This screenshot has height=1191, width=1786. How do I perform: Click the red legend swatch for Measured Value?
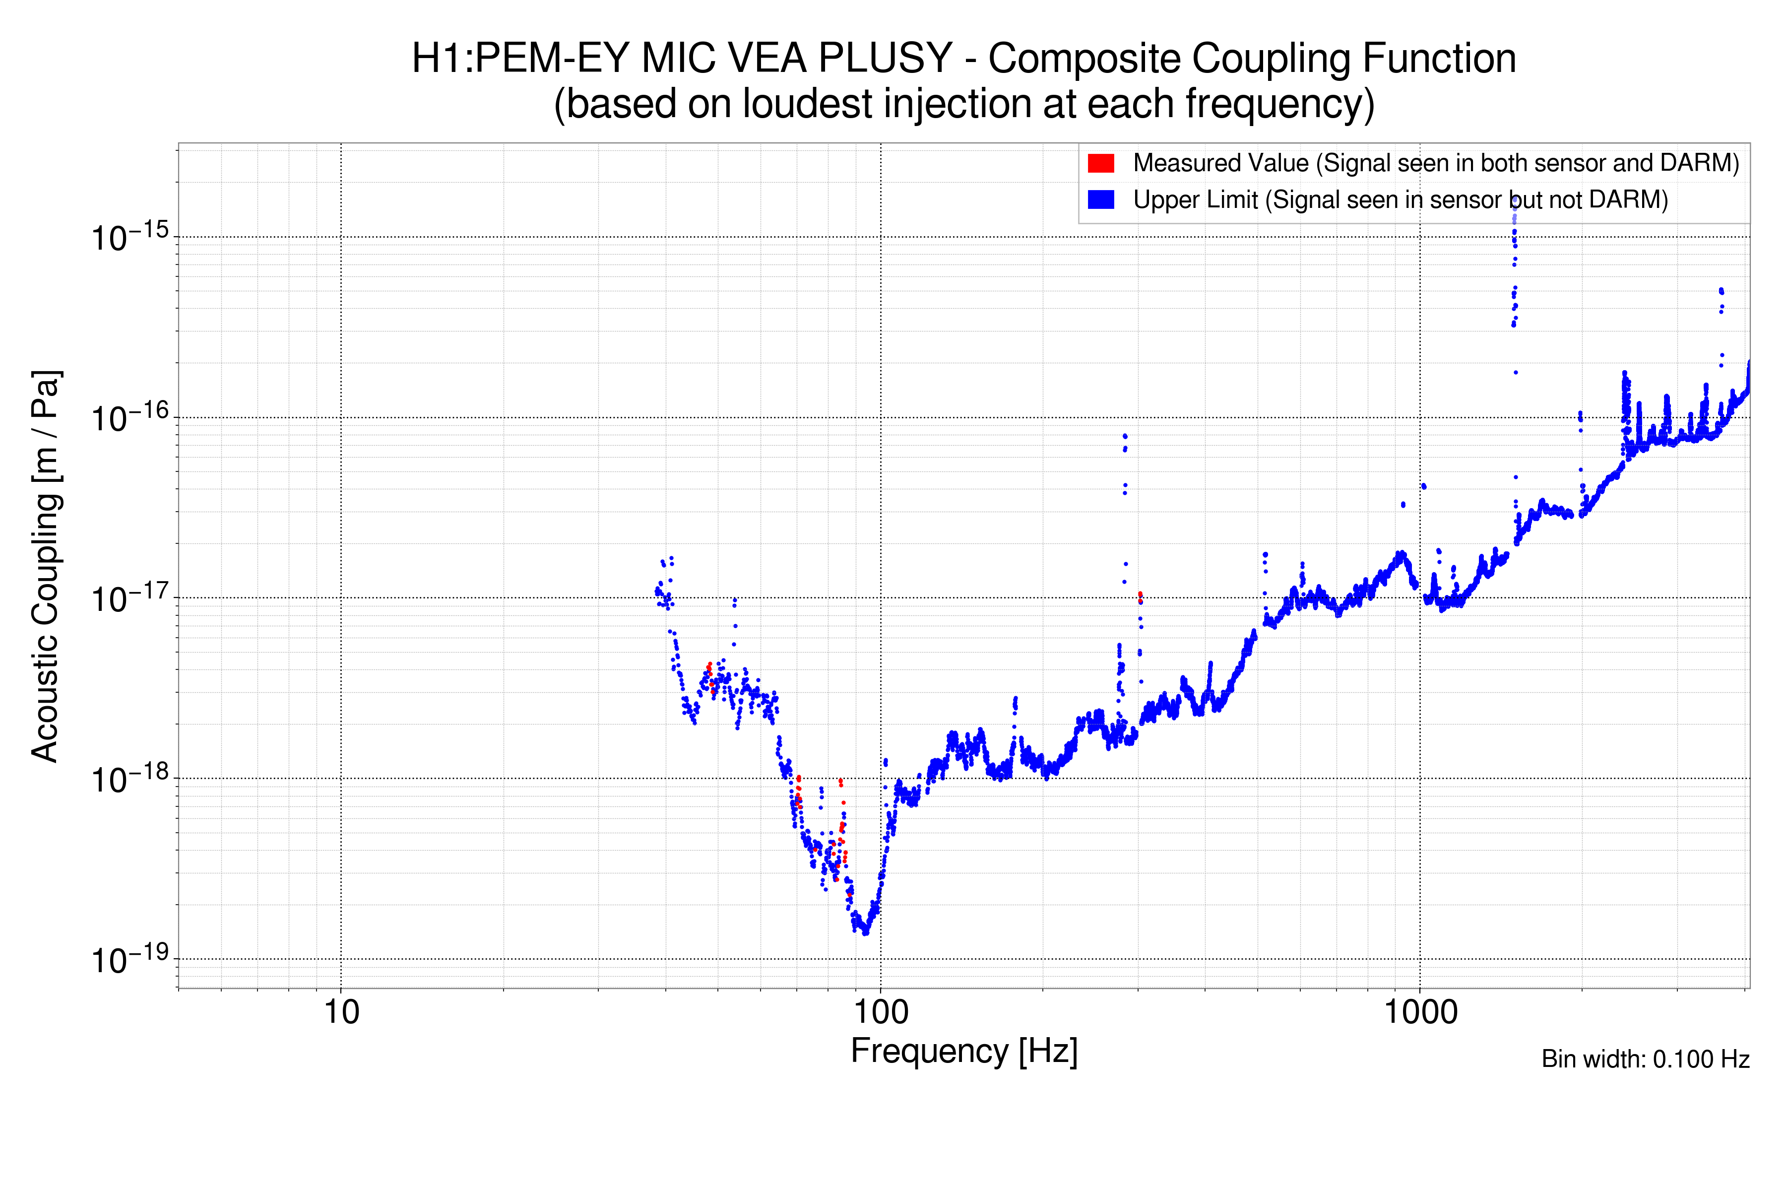point(1100,163)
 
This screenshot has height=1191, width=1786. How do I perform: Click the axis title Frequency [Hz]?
point(963,1051)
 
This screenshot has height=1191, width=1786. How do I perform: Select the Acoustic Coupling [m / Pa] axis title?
point(46,566)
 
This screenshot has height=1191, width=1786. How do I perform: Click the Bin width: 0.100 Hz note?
point(1645,1059)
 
